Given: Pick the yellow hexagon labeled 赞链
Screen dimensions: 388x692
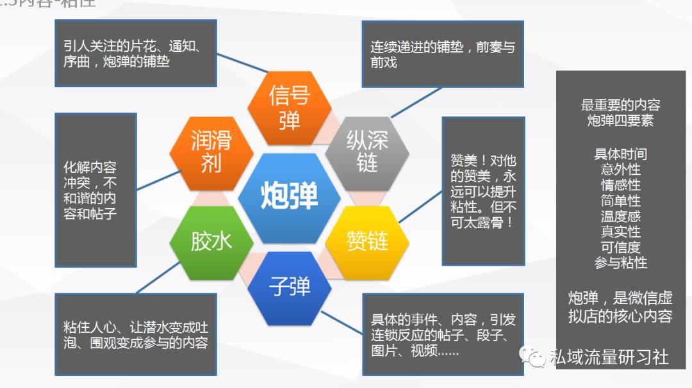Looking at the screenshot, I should pos(367,241).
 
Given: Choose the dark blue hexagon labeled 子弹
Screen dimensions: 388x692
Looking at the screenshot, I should pos(289,286).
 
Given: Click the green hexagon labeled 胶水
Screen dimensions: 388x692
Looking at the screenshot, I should pos(211,241).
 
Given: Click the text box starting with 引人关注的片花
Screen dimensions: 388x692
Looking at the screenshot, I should pos(135,54).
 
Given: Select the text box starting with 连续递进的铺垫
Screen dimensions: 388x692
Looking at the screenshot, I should pos(442,54).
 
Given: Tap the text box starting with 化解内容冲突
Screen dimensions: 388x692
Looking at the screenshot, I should pos(95,190).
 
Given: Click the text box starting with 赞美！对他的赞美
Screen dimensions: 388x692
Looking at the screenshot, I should pos(483,191).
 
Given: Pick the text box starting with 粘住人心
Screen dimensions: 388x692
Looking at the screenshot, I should pos(135,334).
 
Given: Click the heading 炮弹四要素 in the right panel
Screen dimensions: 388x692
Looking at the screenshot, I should pos(620,120).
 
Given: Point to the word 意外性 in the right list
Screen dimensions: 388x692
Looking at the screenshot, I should pos(620,170).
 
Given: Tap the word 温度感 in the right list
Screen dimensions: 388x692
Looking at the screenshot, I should pos(620,216).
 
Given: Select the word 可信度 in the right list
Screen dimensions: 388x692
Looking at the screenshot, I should pos(620,247).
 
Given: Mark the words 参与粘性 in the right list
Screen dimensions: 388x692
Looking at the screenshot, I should pos(620,263).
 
